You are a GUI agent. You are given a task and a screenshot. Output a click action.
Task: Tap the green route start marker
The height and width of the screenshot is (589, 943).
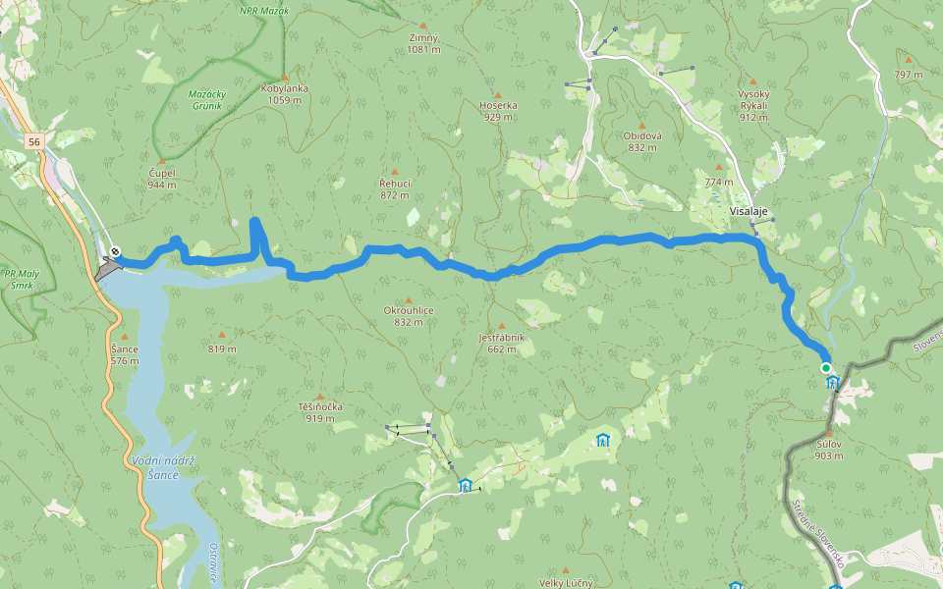pyautogui.click(x=826, y=368)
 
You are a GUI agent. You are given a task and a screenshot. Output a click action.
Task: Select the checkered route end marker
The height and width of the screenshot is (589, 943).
pyautogui.click(x=116, y=252)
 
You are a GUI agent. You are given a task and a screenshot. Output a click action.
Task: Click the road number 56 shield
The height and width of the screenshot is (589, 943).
pyautogui.click(x=35, y=142)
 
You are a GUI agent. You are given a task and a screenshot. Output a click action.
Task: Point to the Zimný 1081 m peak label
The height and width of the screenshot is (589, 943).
pyautogui.click(x=423, y=43)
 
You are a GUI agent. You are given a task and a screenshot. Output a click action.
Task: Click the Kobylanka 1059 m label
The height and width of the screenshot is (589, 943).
pyautogui.click(x=285, y=93)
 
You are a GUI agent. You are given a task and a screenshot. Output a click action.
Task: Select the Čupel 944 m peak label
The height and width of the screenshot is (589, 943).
pyautogui.click(x=162, y=179)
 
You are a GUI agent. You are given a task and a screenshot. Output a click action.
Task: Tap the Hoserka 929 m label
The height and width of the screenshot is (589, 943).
pyautogui.click(x=499, y=111)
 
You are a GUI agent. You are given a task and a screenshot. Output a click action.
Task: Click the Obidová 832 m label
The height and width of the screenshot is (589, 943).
pyautogui.click(x=641, y=141)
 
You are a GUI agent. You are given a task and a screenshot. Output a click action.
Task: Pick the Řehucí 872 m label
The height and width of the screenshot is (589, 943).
pyautogui.click(x=395, y=188)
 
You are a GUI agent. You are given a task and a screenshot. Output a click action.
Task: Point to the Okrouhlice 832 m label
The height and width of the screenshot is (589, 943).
pyautogui.click(x=409, y=315)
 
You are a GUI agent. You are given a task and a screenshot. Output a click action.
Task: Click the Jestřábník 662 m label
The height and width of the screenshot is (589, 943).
pyautogui.click(x=502, y=343)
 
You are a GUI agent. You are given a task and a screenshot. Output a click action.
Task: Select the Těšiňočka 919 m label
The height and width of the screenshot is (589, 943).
pyautogui.click(x=319, y=412)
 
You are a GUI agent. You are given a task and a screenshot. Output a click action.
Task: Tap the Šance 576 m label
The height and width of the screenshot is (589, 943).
pyautogui.click(x=125, y=354)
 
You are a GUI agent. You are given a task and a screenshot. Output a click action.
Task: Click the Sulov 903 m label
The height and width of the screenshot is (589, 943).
pyautogui.click(x=829, y=450)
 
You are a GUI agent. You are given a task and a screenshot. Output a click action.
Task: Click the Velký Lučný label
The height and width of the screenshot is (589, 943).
pyautogui.click(x=568, y=582)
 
